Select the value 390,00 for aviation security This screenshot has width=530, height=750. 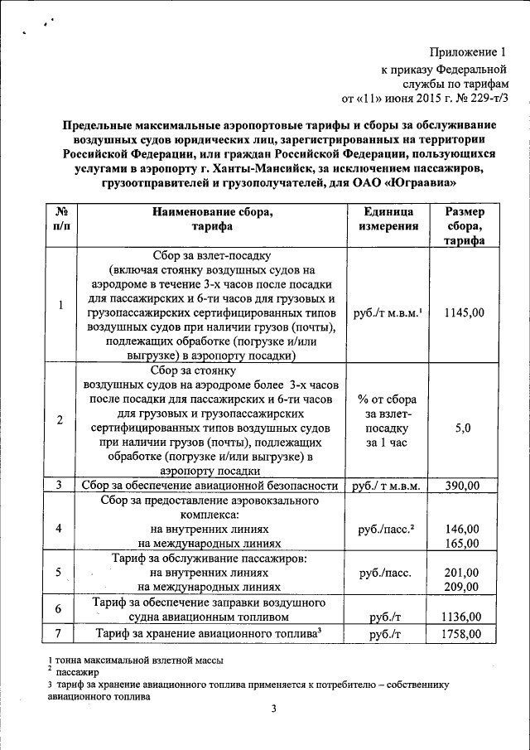point(464,486)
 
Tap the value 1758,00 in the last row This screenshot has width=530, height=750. point(462,634)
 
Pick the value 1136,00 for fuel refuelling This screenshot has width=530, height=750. point(462,617)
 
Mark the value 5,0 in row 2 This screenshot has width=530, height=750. point(463,428)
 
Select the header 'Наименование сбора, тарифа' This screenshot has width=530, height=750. point(211,220)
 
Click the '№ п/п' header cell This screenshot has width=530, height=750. point(60,220)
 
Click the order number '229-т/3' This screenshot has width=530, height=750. point(489,98)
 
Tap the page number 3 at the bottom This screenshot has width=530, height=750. point(272,709)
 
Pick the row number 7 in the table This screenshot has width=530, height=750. point(60,634)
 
